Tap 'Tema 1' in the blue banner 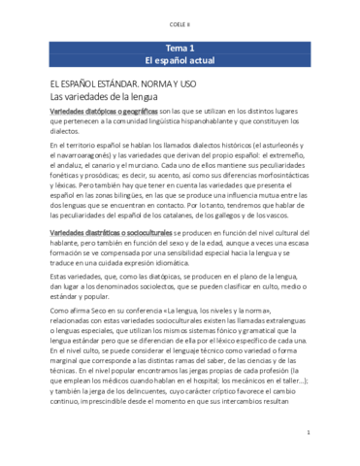[180, 47]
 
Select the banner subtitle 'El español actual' [180, 60]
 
